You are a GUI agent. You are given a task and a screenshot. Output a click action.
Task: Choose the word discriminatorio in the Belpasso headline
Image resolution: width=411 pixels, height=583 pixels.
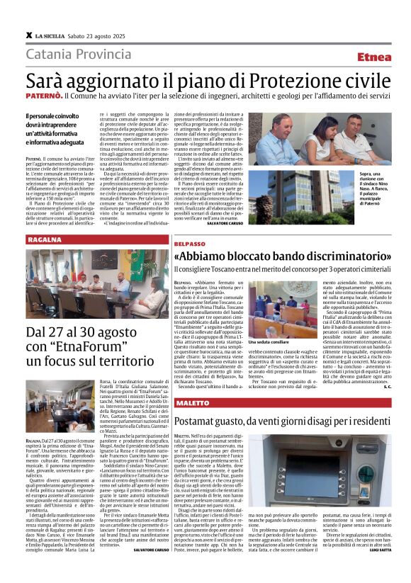336,256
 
